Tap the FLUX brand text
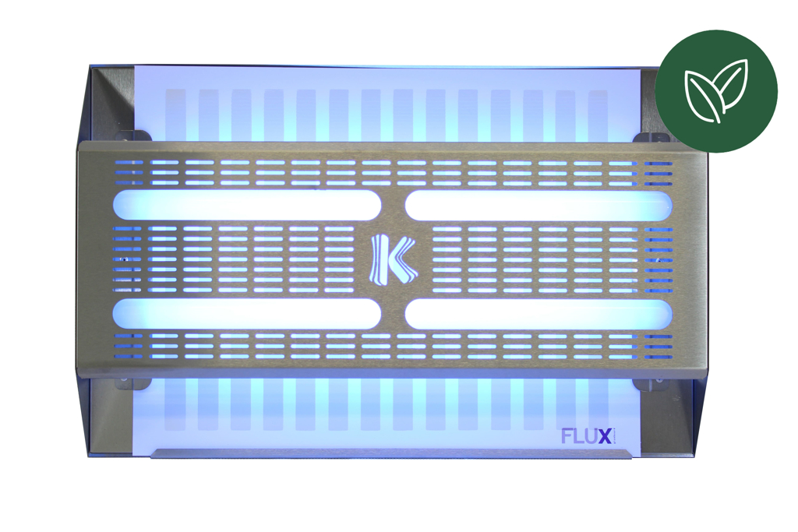pos(586,436)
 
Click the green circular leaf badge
pos(716,91)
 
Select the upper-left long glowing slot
pos(247,206)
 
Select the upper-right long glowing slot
pos(538,206)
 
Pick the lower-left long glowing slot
pos(247,314)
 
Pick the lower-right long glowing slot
pos(538,314)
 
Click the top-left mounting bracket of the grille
pos(133,136)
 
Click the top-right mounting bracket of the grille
pos(651,137)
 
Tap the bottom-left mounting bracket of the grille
pos(133,383)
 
